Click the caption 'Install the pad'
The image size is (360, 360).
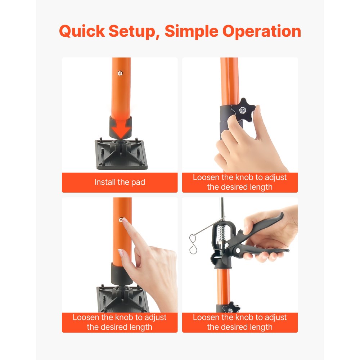pyautogui.click(x=120, y=182)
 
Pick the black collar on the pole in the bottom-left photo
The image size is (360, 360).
pyautogui.click(x=121, y=271)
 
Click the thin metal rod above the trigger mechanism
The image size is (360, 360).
pyautogui.click(x=222, y=207)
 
